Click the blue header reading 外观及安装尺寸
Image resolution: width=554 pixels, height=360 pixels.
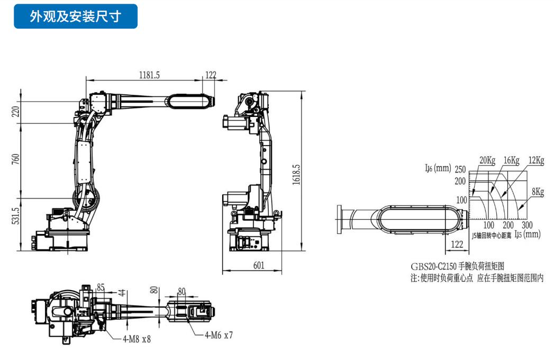[x=76, y=16]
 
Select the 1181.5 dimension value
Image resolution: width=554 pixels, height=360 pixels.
[x=150, y=75]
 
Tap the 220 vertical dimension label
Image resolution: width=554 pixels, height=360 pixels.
[x=15, y=111]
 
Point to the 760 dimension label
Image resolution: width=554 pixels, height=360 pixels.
[x=15, y=159]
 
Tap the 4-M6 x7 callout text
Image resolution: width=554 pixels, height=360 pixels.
[x=219, y=335]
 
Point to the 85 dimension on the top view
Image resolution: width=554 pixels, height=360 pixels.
[x=101, y=287]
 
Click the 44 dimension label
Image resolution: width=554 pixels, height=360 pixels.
[x=121, y=292]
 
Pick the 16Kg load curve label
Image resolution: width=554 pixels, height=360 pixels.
[x=512, y=160]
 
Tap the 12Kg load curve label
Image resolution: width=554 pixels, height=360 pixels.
[x=536, y=160]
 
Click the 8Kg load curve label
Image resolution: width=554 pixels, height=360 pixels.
[x=538, y=192]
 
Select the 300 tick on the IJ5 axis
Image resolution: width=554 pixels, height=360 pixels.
[x=527, y=225]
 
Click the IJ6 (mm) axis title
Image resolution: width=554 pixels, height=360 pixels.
[x=438, y=169]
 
